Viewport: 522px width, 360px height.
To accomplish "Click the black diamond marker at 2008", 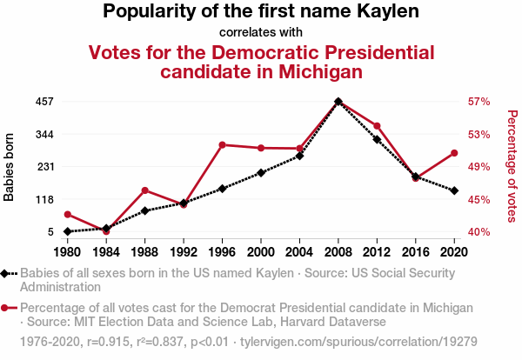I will pos(338,102).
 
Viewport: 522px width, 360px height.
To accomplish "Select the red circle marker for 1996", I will pos(223,144).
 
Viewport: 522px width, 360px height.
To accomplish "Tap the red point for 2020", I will pos(454,153).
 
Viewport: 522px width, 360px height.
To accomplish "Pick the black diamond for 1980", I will pos(67,231).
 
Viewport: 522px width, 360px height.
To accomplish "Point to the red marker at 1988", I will pos(144,190).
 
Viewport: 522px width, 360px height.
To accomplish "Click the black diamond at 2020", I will pos(454,190).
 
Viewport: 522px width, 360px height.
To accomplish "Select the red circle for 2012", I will pos(377,126).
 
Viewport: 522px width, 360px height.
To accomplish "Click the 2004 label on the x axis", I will pos(299,252).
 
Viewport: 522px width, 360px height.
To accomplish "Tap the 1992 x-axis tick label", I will pos(184,252).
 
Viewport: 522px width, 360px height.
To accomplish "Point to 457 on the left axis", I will pos(43,102).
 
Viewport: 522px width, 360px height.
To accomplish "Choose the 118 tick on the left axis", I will pos(43,199).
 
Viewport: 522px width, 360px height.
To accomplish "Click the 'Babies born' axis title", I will pos(10,167).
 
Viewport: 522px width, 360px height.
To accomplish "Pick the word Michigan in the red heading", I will pos(311,72).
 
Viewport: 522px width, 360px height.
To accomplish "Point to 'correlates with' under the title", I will pos(261,33).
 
